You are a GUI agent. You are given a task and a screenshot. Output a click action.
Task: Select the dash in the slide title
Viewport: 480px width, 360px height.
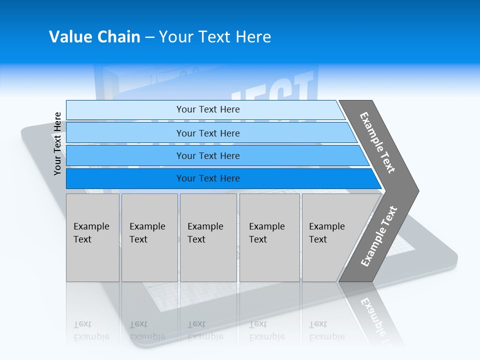149,37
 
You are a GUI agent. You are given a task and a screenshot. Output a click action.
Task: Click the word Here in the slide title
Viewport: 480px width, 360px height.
253,37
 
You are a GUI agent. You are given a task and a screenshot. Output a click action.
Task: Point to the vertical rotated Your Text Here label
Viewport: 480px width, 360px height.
57,143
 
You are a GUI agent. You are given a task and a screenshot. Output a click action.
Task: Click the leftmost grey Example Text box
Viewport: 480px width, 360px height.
92,237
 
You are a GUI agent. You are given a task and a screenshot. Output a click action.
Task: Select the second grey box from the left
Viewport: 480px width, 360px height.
149,237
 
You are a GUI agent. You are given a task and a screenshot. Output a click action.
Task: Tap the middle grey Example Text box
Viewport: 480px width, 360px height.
208,237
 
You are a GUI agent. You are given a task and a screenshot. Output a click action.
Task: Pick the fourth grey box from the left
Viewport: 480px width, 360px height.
269,237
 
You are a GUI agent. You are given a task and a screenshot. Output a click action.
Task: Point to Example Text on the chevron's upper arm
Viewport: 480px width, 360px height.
377,142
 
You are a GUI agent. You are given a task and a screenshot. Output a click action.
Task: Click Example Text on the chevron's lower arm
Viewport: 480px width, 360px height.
379,236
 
